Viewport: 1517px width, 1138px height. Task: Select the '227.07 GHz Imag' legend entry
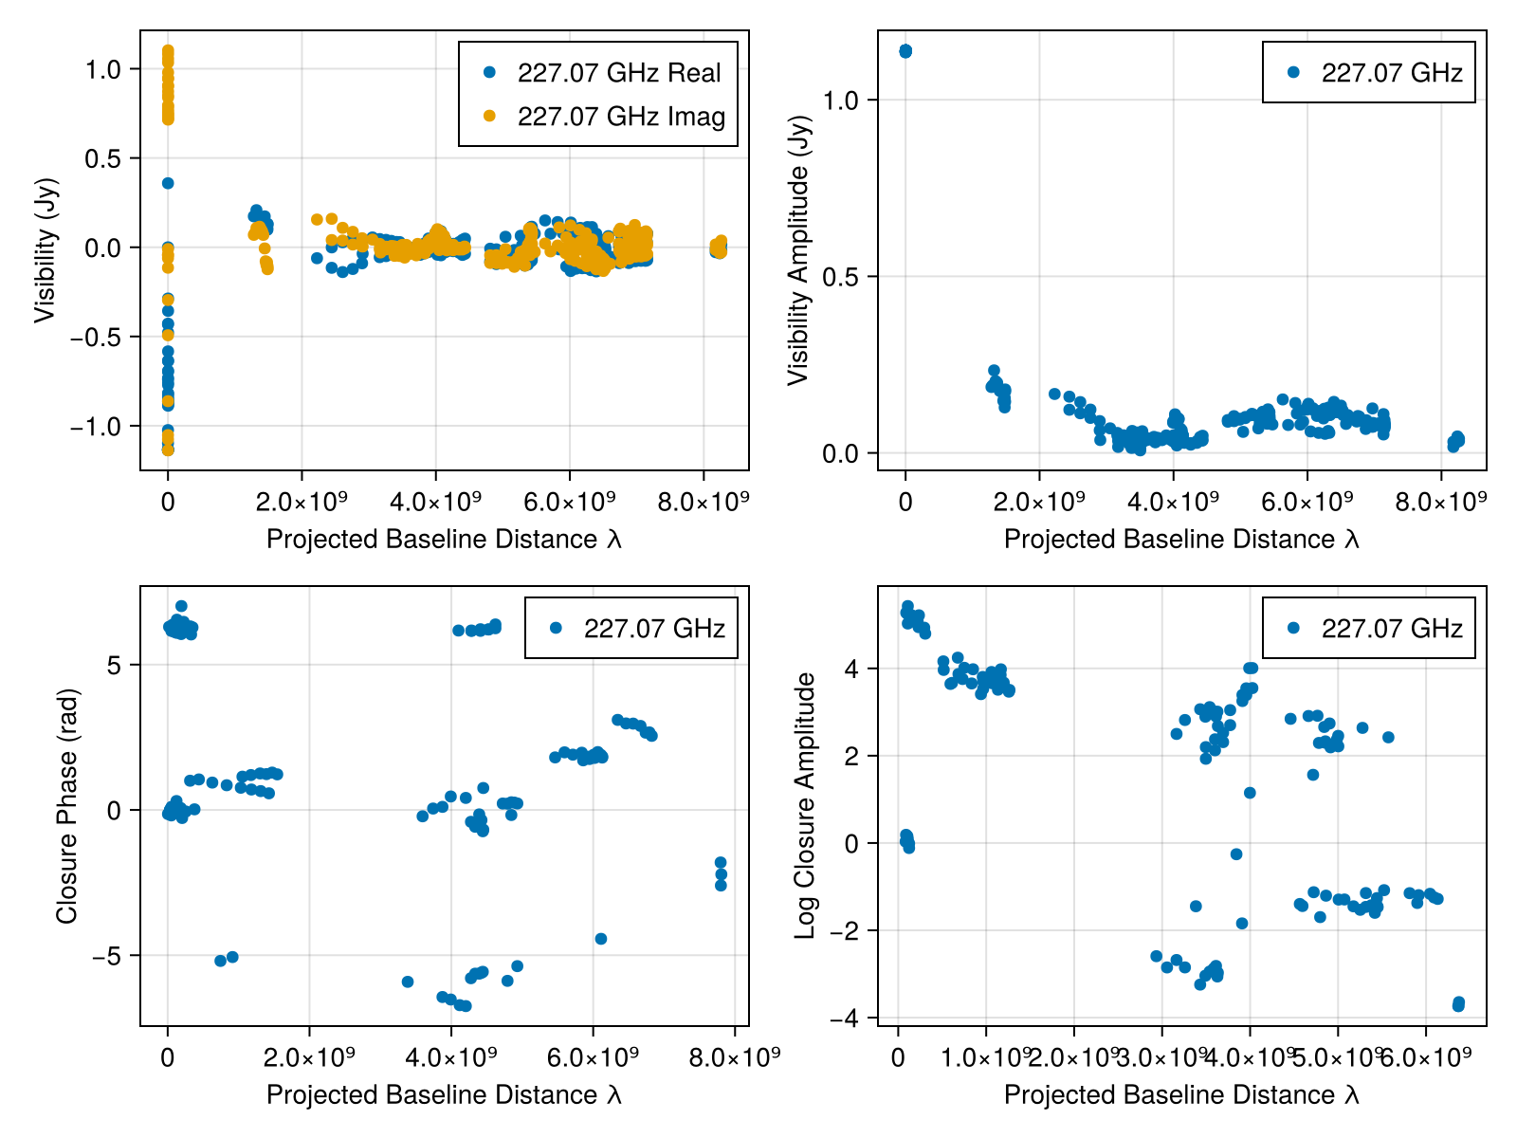tap(621, 117)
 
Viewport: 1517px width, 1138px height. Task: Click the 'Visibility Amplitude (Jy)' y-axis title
tap(799, 250)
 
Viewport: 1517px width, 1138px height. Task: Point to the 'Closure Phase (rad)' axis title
tap(66, 806)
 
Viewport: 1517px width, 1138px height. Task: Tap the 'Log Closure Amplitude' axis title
tap(806, 806)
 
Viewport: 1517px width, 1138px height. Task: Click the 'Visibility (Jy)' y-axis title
tap(46, 250)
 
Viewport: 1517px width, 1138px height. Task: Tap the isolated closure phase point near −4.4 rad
tap(600, 939)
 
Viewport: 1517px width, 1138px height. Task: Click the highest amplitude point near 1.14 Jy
tap(905, 50)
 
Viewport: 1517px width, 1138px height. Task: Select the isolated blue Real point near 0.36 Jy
tap(168, 183)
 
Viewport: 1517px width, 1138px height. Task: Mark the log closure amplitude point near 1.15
tap(1250, 793)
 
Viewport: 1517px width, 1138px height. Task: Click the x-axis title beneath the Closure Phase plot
tap(444, 1094)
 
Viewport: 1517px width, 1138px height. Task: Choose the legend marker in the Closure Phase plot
tap(556, 628)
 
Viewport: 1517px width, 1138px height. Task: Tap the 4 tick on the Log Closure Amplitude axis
tap(851, 669)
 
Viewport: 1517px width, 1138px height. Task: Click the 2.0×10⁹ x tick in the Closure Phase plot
tap(309, 1056)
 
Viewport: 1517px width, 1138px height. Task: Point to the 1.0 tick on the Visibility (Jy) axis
tap(102, 69)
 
